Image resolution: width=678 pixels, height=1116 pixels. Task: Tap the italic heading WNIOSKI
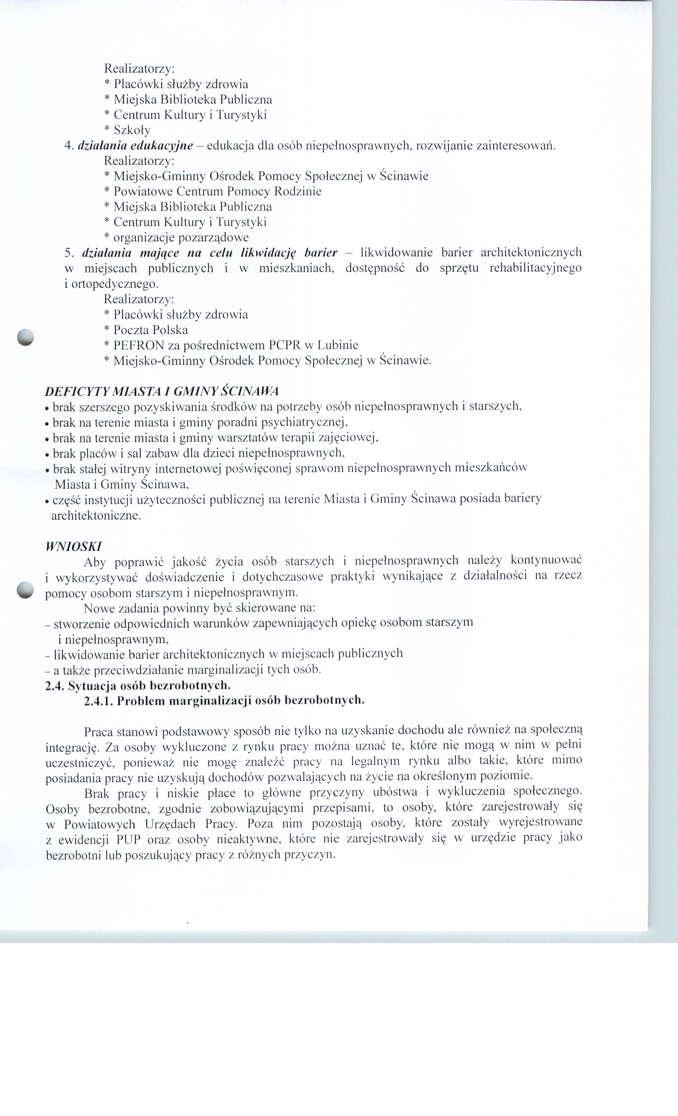(x=73, y=546)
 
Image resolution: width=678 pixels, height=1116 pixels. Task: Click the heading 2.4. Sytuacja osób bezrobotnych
(x=138, y=685)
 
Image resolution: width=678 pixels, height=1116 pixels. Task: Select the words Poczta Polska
(x=150, y=330)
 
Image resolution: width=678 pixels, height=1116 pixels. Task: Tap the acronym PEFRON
(x=138, y=346)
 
